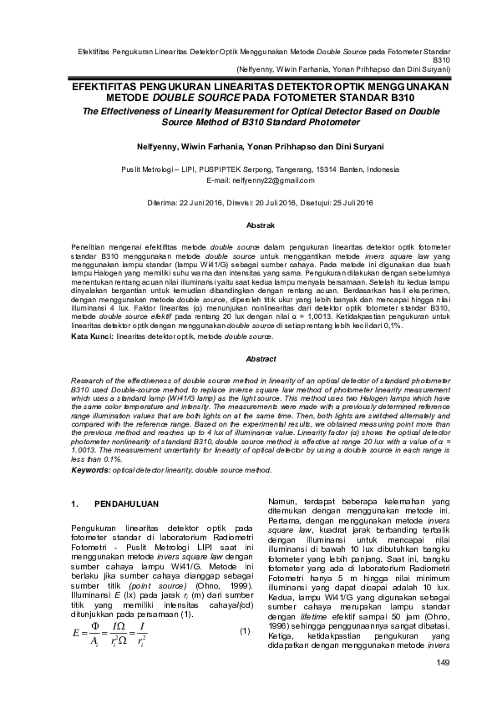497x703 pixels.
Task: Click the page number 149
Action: click(x=442, y=663)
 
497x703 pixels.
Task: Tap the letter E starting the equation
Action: click(x=77, y=609)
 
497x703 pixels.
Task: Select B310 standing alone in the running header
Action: click(x=442, y=61)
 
